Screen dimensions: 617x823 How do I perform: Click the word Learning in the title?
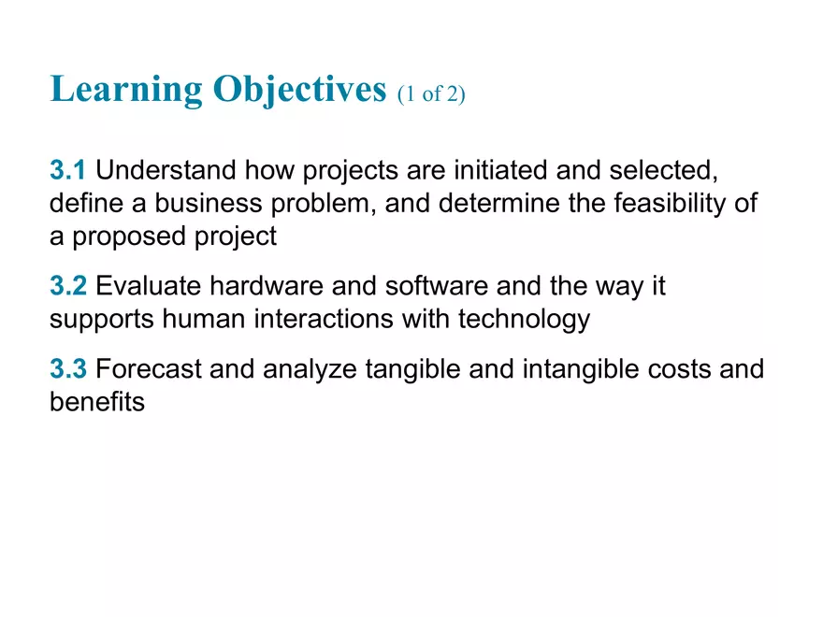click(x=125, y=91)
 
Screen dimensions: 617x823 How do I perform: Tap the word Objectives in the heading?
click(x=299, y=91)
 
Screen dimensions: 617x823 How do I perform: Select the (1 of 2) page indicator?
click(x=430, y=94)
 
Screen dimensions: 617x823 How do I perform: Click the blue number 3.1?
click(x=68, y=171)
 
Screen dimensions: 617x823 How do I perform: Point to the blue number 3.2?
click(x=68, y=286)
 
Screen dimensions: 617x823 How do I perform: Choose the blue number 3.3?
click(x=68, y=369)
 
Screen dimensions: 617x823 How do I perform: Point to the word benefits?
click(x=96, y=403)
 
